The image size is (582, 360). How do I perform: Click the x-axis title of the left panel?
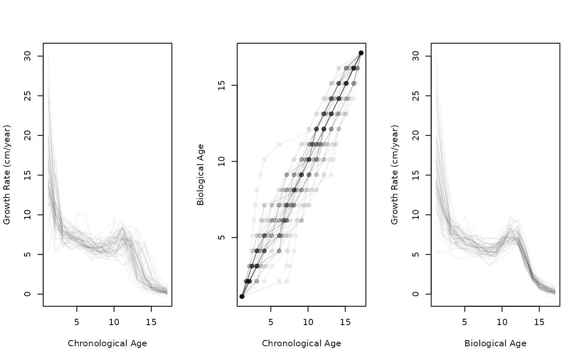pyautogui.click(x=107, y=343)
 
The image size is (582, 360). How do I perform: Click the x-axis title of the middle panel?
pyautogui.click(x=301, y=343)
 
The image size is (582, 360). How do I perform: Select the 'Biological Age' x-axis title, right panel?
pyautogui.click(x=495, y=343)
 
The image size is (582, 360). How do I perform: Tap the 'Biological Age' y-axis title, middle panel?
pyautogui.click(x=200, y=175)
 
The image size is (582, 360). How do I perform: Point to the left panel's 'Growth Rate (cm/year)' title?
pyautogui.click(x=7, y=175)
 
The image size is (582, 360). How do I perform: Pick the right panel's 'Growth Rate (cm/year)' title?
pyautogui.click(x=395, y=175)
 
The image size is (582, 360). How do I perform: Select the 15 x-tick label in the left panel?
pyautogui.click(x=151, y=322)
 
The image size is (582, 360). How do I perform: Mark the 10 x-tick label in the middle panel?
pyautogui.click(x=308, y=322)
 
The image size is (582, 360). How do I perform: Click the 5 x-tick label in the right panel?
pyautogui.click(x=465, y=322)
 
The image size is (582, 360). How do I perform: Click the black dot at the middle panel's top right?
pyautogui.click(x=361, y=53)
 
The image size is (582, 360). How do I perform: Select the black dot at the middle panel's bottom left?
pyautogui.click(x=242, y=296)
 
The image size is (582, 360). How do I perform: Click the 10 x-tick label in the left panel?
pyautogui.click(x=114, y=322)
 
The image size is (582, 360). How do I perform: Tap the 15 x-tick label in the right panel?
pyautogui.click(x=539, y=322)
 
